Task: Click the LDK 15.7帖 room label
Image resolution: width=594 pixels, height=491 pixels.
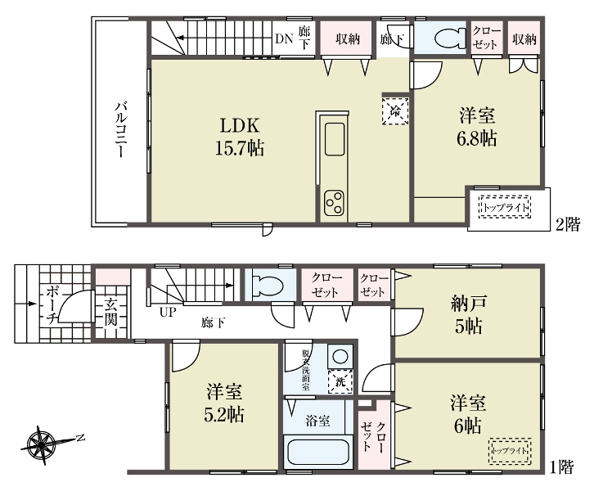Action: (240, 137)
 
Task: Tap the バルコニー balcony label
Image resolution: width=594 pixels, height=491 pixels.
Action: (121, 128)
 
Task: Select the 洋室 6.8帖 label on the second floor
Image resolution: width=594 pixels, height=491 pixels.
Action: (477, 127)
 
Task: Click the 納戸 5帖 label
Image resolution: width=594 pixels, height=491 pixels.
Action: (469, 314)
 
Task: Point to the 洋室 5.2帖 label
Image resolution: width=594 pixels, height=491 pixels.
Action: (224, 403)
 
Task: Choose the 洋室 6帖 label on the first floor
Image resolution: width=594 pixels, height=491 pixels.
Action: (468, 414)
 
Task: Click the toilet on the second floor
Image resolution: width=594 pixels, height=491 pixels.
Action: (450, 38)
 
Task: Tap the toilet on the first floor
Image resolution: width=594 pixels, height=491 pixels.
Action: (267, 286)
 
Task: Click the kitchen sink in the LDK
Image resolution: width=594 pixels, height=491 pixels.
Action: (335, 139)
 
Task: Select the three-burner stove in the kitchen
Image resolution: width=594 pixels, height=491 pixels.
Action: (334, 203)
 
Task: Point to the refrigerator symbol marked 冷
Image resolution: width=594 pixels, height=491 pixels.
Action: (395, 111)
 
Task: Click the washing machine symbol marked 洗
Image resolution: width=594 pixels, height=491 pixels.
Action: (340, 382)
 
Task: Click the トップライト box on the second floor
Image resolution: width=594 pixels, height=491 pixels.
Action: (505, 207)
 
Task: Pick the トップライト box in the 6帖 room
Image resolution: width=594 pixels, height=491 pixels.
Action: (510, 451)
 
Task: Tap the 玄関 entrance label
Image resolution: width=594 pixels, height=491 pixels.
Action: (110, 312)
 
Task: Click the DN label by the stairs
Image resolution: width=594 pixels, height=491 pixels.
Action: (284, 38)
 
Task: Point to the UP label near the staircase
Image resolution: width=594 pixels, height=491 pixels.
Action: (168, 312)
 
